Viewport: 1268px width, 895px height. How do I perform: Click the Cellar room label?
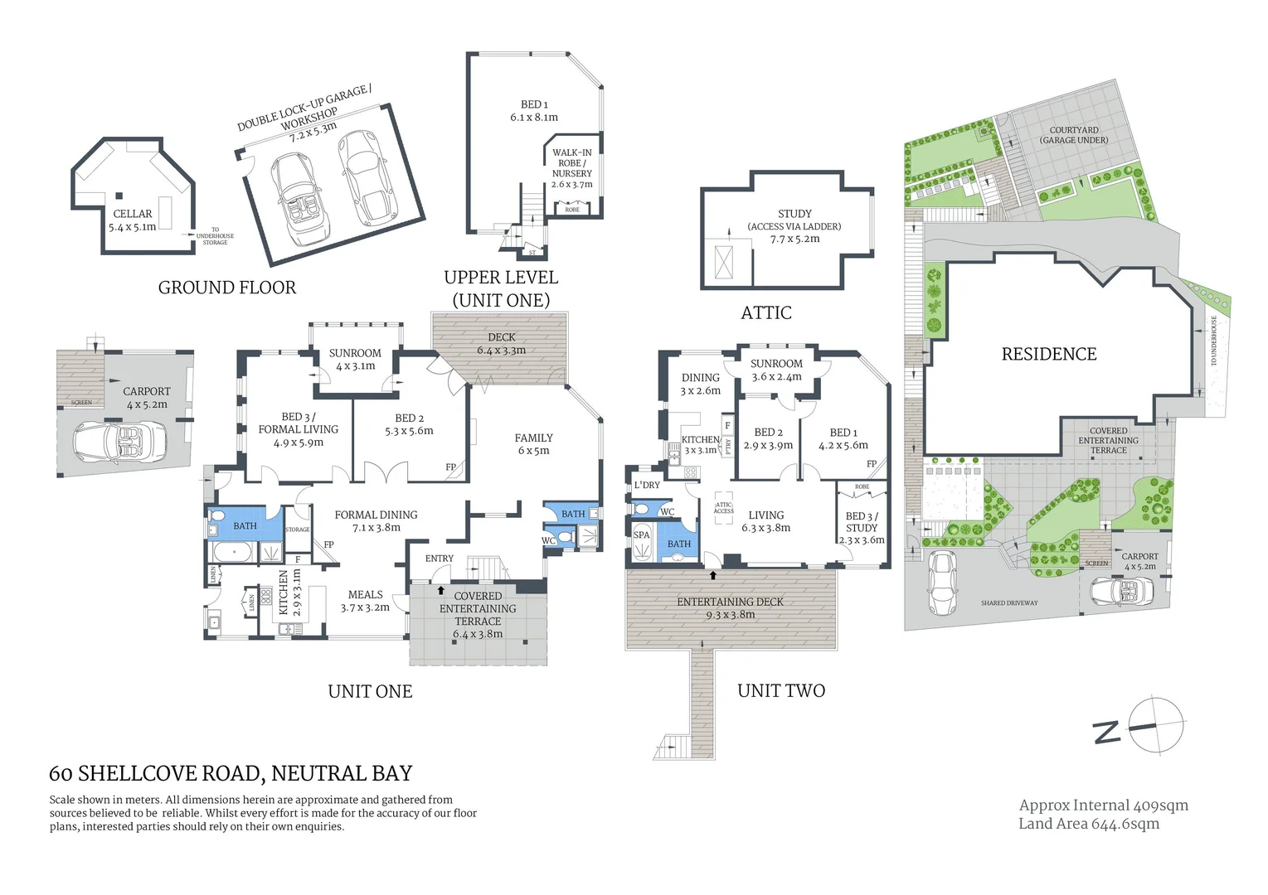click(133, 214)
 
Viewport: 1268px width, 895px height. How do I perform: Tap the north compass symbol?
click(1156, 726)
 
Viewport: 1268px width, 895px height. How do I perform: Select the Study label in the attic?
click(794, 214)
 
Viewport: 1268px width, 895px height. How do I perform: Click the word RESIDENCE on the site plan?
click(1048, 355)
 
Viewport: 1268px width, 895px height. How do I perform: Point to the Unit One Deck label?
click(501, 337)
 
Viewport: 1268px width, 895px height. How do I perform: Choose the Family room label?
click(533, 438)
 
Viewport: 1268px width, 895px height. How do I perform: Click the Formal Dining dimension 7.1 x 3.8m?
click(376, 528)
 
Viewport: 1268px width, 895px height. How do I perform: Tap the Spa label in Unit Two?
click(641, 535)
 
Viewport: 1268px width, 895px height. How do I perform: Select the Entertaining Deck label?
click(730, 602)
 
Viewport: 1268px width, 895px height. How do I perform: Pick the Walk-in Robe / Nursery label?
click(572, 163)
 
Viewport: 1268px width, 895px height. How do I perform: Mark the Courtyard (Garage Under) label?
click(1073, 135)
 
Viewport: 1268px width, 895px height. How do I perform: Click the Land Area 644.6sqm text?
click(1089, 824)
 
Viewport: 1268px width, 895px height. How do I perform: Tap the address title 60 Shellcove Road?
click(231, 774)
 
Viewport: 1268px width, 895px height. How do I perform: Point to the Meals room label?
click(365, 595)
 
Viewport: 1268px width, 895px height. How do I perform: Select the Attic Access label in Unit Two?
click(723, 508)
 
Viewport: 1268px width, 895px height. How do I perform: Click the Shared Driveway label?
click(1008, 603)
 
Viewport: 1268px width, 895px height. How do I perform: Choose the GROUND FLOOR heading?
click(226, 288)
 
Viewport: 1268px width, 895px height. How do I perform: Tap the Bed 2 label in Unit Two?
click(768, 433)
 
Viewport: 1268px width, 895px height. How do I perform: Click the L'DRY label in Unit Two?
click(647, 485)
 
